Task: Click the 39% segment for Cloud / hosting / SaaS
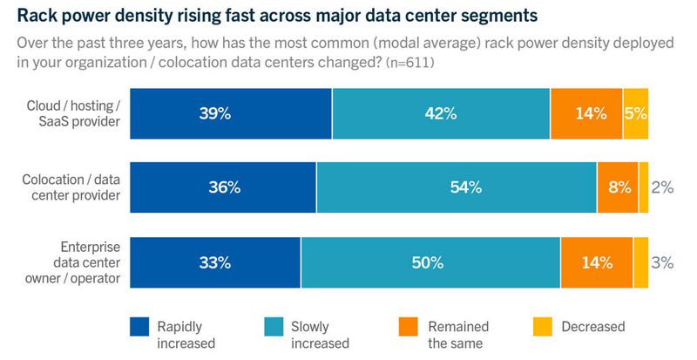point(231,113)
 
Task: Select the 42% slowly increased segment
point(441,113)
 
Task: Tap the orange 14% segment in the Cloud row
point(586,113)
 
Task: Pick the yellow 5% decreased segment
point(636,113)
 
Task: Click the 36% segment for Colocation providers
point(223,187)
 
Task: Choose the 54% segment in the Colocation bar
point(457,187)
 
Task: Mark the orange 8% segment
point(618,187)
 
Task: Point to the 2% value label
point(662,187)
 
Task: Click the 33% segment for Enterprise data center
point(215,262)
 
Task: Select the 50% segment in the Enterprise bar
point(430,262)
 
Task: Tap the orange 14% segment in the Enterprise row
point(597,262)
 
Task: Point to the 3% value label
point(662,262)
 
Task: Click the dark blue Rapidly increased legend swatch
point(139,327)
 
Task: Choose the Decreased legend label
point(592,327)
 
